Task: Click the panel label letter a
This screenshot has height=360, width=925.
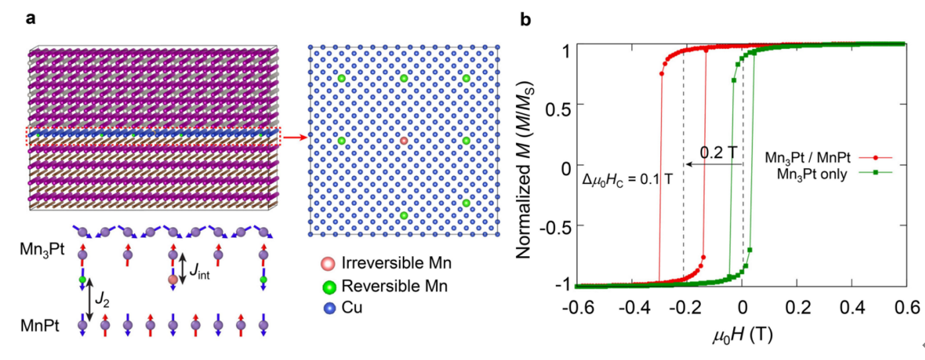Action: coord(30,19)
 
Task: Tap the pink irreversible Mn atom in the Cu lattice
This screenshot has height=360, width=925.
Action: coord(404,141)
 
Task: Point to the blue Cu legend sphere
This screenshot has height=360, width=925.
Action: coord(331,307)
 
